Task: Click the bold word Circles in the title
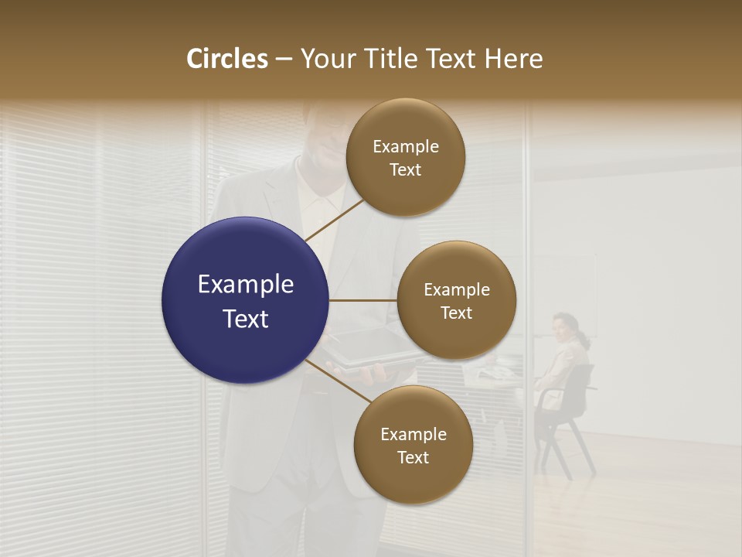[x=227, y=59]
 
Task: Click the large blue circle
[x=246, y=300]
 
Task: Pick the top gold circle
[x=405, y=158]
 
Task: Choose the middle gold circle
[x=456, y=300]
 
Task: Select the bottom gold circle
[x=413, y=446]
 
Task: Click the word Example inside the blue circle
[x=246, y=285]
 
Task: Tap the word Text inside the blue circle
[x=246, y=319]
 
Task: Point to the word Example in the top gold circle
[x=405, y=147]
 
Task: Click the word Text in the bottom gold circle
[x=413, y=457]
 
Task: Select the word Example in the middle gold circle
[x=456, y=290]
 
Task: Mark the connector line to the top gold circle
[x=334, y=220]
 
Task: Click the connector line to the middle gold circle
[x=363, y=300]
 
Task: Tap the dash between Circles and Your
[x=284, y=60]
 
